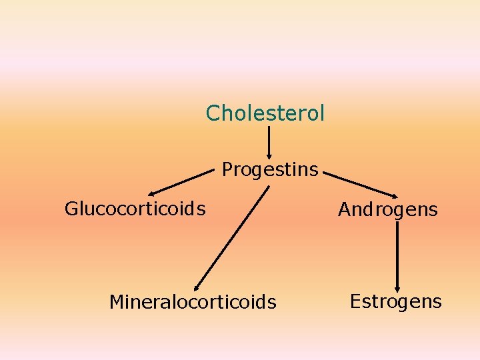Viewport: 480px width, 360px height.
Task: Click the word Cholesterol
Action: click(265, 113)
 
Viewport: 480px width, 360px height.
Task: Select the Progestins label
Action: click(270, 170)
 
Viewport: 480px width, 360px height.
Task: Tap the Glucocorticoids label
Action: click(135, 209)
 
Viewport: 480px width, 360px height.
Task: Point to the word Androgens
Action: click(387, 210)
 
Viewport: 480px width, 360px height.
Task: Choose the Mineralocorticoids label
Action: click(192, 303)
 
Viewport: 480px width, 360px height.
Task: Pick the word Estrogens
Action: click(395, 301)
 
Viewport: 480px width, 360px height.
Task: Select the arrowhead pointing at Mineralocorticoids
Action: click(198, 285)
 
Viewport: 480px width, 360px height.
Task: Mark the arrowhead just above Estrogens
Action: click(397, 285)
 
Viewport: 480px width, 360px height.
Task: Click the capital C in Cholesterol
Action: click(213, 113)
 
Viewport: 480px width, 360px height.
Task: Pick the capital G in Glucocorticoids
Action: click(71, 209)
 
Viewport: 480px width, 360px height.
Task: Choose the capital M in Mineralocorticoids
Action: click(117, 303)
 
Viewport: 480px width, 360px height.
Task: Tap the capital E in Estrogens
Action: click(355, 301)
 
